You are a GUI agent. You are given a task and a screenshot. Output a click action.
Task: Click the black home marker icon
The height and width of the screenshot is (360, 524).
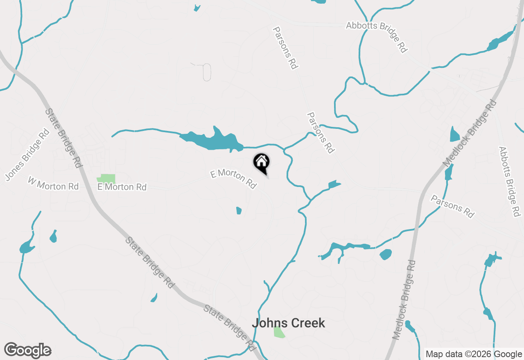[x=261, y=162]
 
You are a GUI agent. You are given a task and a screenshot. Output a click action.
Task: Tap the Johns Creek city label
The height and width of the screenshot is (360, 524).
[x=288, y=323]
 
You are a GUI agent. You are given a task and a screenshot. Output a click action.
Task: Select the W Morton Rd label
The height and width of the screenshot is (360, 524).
[x=53, y=183]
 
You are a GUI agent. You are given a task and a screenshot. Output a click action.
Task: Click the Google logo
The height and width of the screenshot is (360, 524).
[x=28, y=350]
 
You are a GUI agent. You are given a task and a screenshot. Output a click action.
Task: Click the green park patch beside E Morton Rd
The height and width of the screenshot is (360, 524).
[x=106, y=178]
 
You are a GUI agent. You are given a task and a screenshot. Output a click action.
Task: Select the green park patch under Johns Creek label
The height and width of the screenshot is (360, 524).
[x=279, y=332]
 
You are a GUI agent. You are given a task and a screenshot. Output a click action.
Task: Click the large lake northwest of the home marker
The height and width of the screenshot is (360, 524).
[x=213, y=140]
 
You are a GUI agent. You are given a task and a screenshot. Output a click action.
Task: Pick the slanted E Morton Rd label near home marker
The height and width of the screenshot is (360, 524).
[x=233, y=179]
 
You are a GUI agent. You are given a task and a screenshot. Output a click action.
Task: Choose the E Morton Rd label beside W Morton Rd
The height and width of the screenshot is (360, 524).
[x=122, y=187]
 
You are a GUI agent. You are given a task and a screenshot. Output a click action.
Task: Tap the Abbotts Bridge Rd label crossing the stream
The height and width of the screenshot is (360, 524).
[x=377, y=36]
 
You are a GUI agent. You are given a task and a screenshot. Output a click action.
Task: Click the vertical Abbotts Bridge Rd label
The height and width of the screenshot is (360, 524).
[x=509, y=182]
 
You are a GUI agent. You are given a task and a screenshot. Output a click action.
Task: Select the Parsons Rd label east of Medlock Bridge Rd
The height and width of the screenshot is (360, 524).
[x=452, y=206]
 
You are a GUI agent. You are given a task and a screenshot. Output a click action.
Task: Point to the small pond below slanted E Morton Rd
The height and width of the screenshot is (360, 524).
[x=239, y=211]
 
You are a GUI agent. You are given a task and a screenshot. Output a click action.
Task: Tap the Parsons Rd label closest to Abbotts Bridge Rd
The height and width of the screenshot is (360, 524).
[x=285, y=48]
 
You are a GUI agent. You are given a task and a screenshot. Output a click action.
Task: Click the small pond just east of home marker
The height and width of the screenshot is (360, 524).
[x=334, y=184]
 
